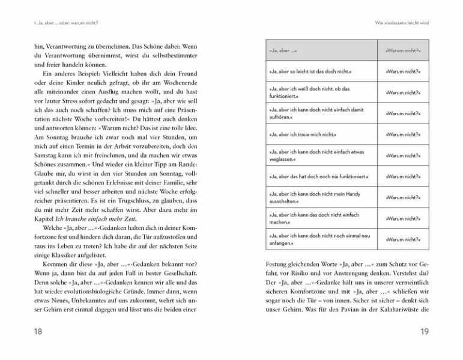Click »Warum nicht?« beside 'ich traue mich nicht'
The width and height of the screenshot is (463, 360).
tap(402, 136)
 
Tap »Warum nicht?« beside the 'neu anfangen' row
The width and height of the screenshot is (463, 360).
tap(402, 240)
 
